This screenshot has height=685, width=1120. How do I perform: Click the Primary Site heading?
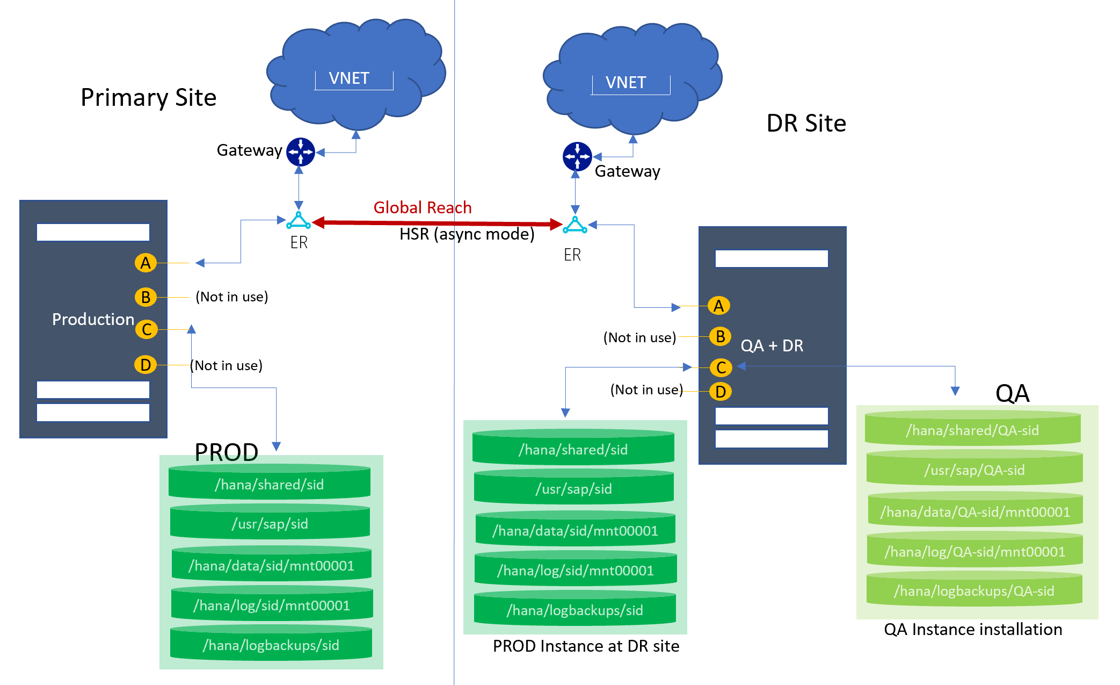point(148,98)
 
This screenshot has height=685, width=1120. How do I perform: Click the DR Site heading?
point(806,124)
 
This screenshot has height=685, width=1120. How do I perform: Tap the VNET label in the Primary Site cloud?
point(349,78)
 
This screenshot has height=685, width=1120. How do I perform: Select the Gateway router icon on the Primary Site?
point(300,152)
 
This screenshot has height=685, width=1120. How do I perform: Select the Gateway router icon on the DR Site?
point(577,156)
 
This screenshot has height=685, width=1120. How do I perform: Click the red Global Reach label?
point(423,207)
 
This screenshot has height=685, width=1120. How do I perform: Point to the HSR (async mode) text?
point(467,234)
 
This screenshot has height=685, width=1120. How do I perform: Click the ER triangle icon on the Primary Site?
point(299,221)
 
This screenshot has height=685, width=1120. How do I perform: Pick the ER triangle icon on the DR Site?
point(574,225)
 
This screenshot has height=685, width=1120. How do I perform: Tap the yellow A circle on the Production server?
point(146,263)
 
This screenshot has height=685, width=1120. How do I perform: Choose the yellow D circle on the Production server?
point(146,365)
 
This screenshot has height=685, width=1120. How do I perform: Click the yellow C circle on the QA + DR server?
point(721,367)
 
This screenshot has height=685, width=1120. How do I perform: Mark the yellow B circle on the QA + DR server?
point(720,336)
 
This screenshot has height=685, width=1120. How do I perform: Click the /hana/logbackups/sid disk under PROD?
point(271,644)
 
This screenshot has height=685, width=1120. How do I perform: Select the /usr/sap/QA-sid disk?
point(974,470)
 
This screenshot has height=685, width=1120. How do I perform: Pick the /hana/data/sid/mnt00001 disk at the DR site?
point(575,530)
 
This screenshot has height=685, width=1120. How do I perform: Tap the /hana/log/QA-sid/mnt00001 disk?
point(974,551)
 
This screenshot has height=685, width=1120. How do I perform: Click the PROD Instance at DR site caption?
point(586,646)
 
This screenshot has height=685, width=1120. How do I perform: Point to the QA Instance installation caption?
point(973,629)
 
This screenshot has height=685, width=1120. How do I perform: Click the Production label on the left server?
point(93,319)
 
